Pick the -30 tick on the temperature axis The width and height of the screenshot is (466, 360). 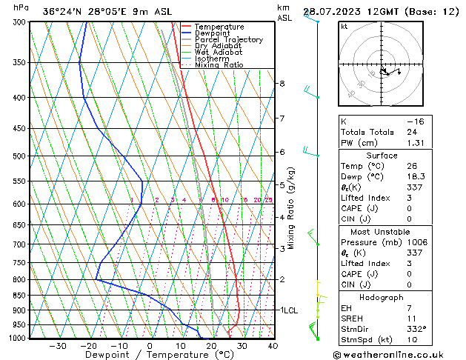tap(58, 346)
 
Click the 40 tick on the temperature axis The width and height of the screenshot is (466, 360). tap(273, 346)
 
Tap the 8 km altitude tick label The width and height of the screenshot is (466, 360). tap(282, 84)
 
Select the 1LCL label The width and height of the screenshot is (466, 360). tap(288, 310)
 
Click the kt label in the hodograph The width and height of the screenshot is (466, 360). tap(344, 27)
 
